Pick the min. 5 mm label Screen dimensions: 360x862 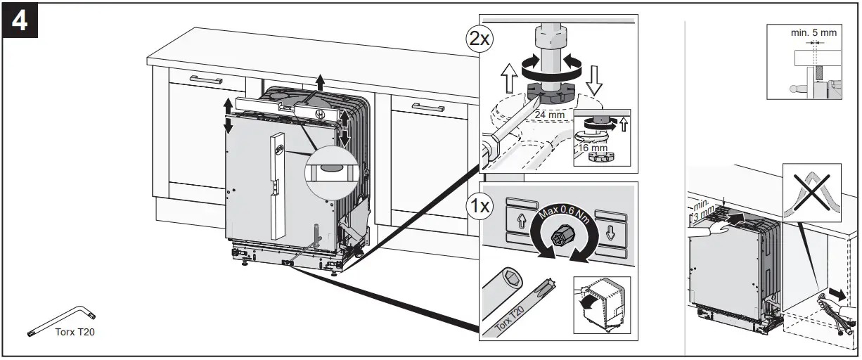(x=813, y=31)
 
